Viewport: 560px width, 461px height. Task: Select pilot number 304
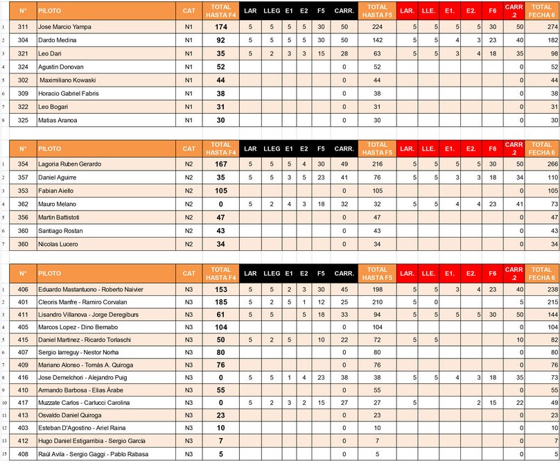[x=23, y=40]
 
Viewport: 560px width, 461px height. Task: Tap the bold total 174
[x=221, y=26]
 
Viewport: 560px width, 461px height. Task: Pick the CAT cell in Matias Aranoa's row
[x=189, y=120]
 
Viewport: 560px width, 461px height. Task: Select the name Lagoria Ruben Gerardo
[x=69, y=164]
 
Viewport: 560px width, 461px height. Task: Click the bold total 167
[x=221, y=164]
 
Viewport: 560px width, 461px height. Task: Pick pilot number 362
[x=23, y=205]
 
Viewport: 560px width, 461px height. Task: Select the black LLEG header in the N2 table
[x=272, y=148]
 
